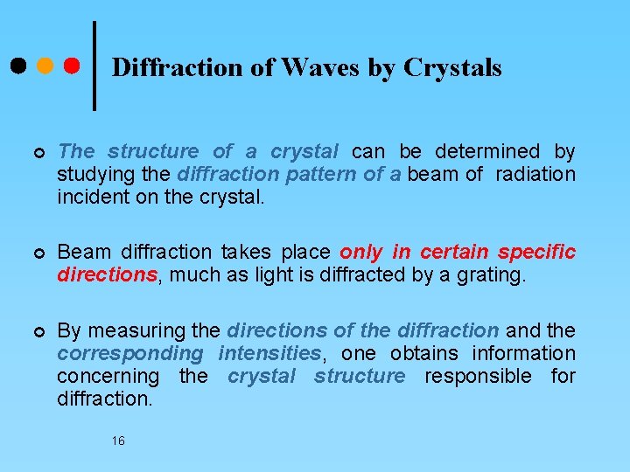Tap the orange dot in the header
(45, 66)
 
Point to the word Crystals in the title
(452, 67)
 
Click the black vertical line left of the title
(94, 66)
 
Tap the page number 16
(118, 441)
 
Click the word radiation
(535, 174)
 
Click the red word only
(361, 252)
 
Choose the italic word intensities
(269, 353)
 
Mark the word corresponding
(129, 353)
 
